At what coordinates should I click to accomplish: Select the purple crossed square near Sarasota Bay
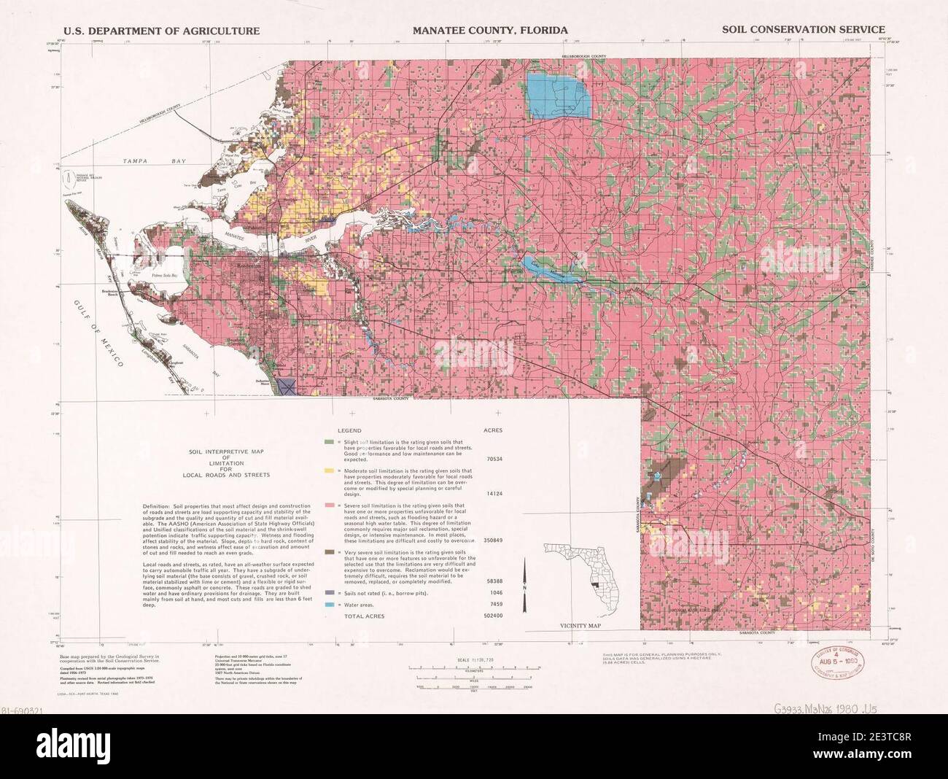[287, 387]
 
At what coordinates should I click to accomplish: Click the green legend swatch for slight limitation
[330, 443]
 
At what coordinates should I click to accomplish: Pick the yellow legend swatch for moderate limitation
[330, 472]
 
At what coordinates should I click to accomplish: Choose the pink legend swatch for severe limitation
[330, 505]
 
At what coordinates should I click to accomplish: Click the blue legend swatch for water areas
[330, 605]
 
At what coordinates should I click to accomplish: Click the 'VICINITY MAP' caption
[580, 626]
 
